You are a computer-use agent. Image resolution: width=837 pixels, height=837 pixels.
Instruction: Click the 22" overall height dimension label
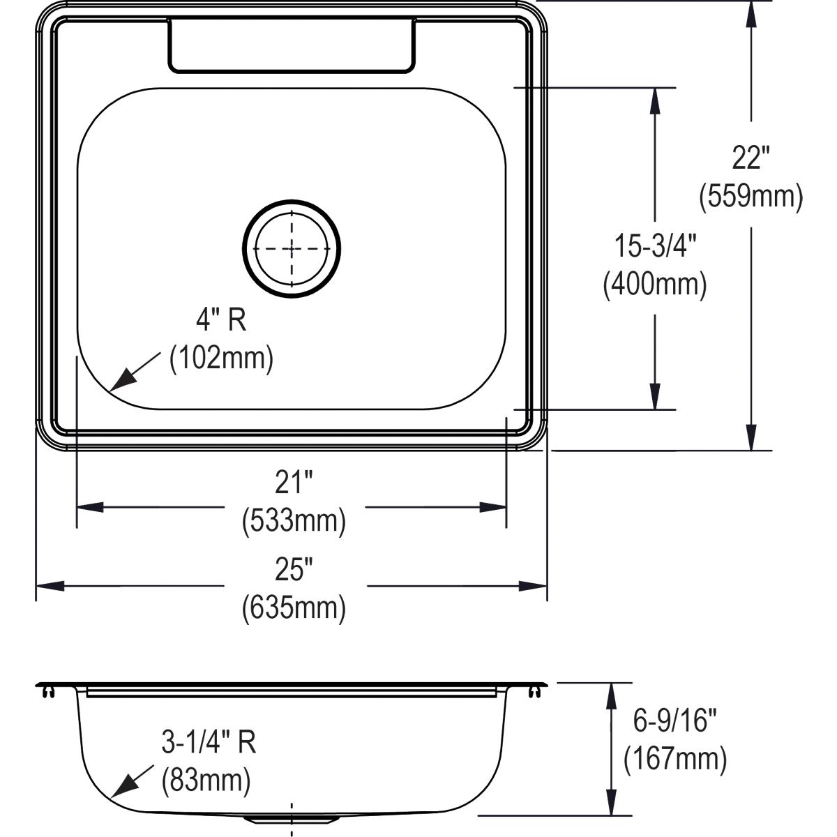tap(751, 158)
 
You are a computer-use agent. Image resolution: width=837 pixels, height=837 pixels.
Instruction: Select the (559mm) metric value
tap(751, 197)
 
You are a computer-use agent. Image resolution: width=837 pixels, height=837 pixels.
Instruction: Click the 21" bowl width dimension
tap(294, 482)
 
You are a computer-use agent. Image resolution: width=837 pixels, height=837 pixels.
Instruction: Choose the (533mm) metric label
tap(294, 520)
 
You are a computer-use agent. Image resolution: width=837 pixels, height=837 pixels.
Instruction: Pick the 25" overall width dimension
tap(294, 570)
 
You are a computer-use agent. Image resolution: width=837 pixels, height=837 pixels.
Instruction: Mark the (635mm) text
tap(294, 608)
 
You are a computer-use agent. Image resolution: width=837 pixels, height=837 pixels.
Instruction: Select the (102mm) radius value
tap(221, 359)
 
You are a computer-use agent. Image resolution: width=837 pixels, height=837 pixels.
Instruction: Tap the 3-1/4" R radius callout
tap(209, 742)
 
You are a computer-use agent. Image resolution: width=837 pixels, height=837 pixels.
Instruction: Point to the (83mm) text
tap(206, 781)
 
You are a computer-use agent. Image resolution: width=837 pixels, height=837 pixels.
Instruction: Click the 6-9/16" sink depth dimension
tap(674, 721)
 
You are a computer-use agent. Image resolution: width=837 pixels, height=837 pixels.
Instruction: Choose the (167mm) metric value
tap(674, 759)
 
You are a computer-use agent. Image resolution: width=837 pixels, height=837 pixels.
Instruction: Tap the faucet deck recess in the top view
tap(292, 45)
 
